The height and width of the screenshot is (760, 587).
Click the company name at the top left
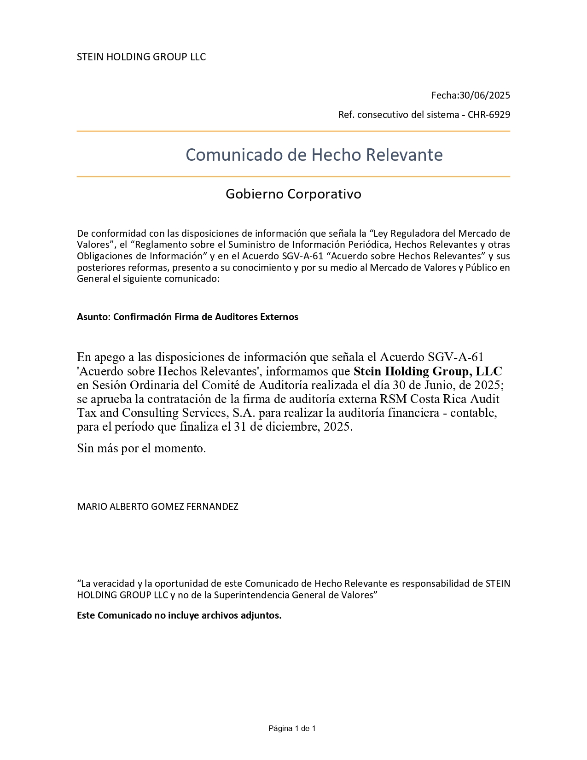[141, 57]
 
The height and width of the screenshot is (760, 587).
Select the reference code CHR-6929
[489, 115]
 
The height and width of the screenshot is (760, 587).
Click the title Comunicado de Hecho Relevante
[314, 155]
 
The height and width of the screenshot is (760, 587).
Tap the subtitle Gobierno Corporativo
[293, 194]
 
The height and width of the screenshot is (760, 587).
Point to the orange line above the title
[293, 131]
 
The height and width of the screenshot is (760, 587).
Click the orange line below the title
[293, 176]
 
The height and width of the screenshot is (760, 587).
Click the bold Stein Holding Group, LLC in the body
[428, 371]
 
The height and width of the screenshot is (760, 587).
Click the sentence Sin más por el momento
[141, 448]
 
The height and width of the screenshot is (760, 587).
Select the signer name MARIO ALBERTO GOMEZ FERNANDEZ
[157, 507]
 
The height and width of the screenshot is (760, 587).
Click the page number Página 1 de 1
[292, 728]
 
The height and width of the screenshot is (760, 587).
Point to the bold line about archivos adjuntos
[179, 615]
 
